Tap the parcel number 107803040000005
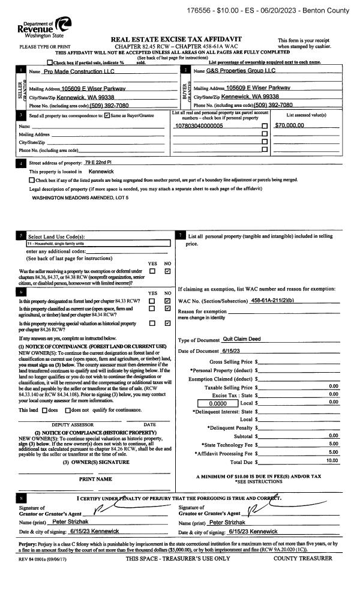(x=199, y=125)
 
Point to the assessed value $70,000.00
(x=289, y=125)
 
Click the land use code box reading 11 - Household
(x=99, y=244)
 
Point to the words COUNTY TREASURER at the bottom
(x=302, y=559)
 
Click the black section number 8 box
(x=22, y=498)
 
